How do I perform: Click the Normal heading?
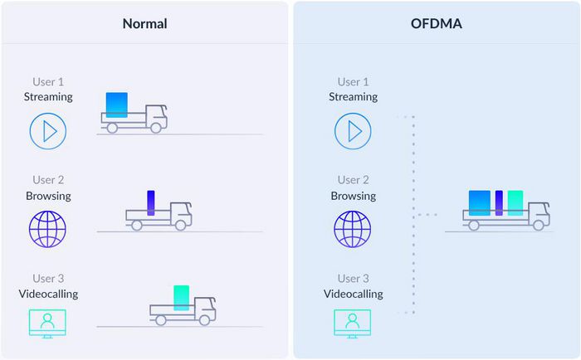[x=144, y=23]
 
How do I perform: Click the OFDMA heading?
[x=437, y=23]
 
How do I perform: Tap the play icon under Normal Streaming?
[x=48, y=131]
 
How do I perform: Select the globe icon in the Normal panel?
[x=48, y=229]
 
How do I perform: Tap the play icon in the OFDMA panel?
[x=353, y=131]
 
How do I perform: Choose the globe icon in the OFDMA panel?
[x=353, y=229]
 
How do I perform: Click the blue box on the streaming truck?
[x=117, y=104]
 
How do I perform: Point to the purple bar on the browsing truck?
[x=151, y=203]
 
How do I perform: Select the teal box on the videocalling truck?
[x=182, y=298]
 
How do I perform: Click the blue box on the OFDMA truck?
[x=479, y=203]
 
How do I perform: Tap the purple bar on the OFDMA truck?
[x=499, y=203]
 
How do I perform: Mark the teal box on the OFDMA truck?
[x=515, y=203]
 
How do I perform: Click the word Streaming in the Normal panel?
[x=48, y=96]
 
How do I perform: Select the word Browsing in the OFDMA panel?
[x=353, y=196]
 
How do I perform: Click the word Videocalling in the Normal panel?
[x=48, y=294]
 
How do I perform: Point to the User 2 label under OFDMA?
[x=353, y=180]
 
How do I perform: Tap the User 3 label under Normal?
[x=48, y=279]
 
